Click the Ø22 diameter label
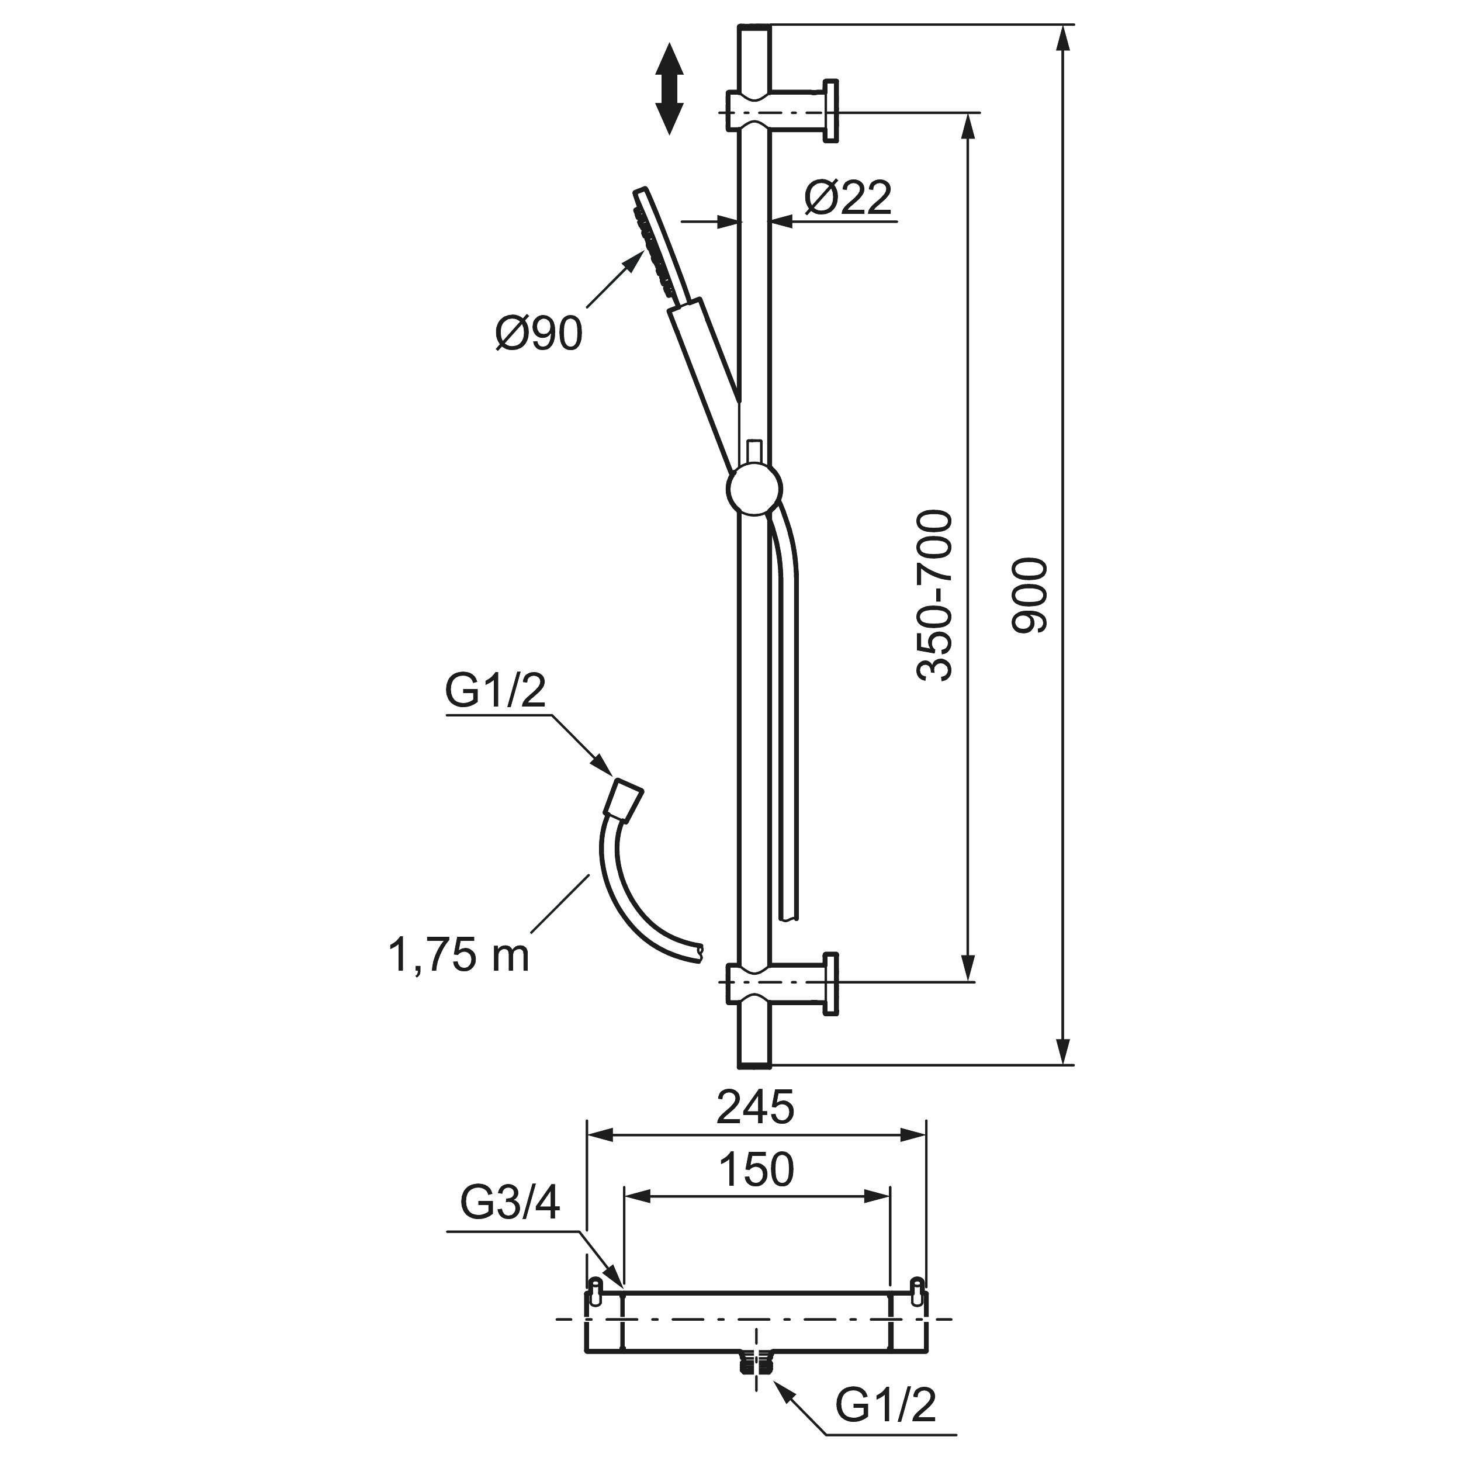tap(848, 198)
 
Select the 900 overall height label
tap(1030, 595)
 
